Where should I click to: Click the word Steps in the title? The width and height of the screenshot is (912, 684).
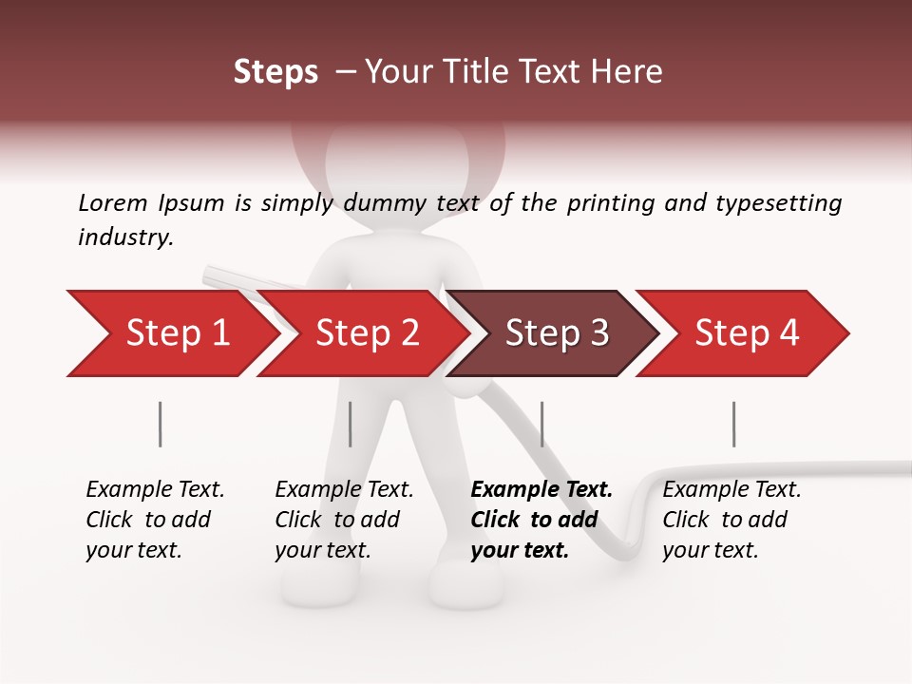275,72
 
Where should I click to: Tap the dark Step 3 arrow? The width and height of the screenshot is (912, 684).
557,333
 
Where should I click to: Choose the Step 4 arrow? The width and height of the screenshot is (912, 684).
747,333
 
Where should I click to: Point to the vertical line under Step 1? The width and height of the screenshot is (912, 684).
161,424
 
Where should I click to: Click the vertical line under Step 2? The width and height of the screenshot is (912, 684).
351,424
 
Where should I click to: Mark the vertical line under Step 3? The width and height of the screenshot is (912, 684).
541,424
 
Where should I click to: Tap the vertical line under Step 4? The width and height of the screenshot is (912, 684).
733,424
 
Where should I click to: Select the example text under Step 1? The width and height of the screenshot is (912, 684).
154,520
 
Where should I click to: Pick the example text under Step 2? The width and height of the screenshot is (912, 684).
343,520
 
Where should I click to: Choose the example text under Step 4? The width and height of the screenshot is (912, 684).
731,520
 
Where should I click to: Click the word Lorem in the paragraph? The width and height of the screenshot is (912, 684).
113,202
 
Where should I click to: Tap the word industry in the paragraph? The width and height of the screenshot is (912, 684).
125,237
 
